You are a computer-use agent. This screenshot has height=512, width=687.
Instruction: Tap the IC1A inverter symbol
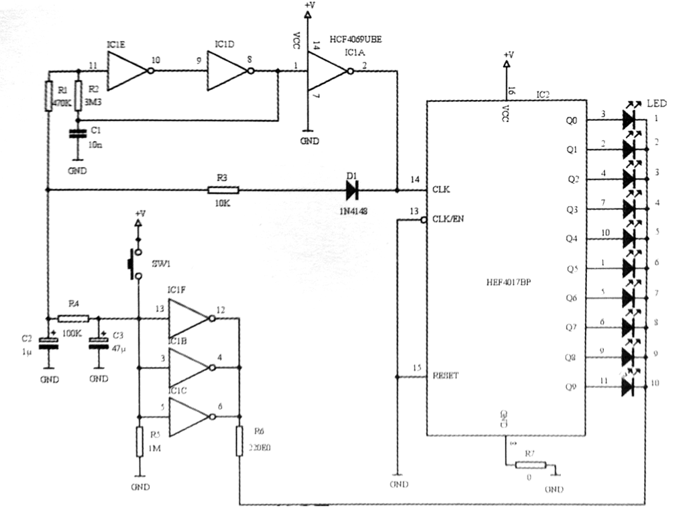(x=325, y=70)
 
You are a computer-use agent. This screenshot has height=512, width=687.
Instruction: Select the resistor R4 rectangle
(x=68, y=317)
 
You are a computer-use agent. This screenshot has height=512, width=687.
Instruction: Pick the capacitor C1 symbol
(x=78, y=134)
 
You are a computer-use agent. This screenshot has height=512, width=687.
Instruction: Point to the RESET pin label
(x=446, y=375)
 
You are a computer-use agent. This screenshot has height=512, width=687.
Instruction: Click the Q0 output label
(x=572, y=121)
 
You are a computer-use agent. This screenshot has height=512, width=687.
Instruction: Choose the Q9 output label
(x=572, y=387)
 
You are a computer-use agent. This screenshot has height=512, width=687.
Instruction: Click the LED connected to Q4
(x=629, y=238)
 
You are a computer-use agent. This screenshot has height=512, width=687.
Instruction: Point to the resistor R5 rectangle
(x=139, y=440)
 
